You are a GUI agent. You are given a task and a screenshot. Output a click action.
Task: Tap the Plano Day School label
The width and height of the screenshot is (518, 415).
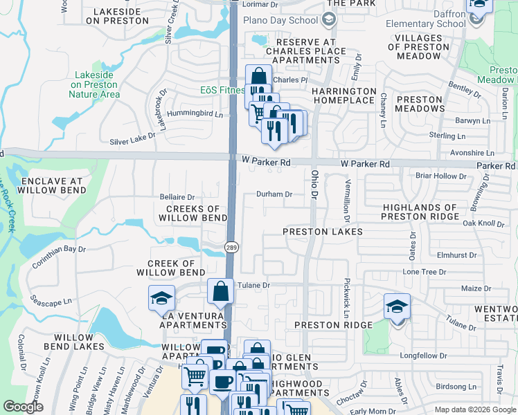pyautogui.click(x=284, y=20)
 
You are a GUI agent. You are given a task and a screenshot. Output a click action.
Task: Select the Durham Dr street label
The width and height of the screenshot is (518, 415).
pyautogui.click(x=274, y=194)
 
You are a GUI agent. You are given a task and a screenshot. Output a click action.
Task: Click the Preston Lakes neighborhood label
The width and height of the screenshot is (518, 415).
pyautogui.click(x=323, y=232)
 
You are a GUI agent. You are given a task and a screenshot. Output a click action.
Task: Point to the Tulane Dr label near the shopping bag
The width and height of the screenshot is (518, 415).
pyautogui.click(x=253, y=284)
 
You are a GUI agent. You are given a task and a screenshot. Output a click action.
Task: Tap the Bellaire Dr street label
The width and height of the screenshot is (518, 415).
pyautogui.click(x=177, y=197)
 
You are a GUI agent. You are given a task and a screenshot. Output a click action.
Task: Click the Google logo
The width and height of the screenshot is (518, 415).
pyautogui.click(x=24, y=407)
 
